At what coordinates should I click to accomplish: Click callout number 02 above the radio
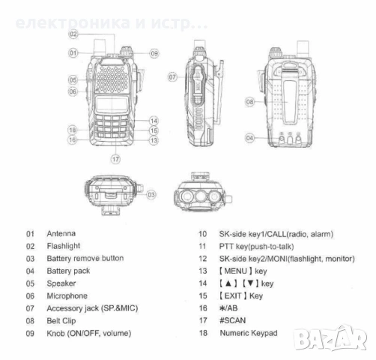point(73,34)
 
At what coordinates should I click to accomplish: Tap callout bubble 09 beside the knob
point(154,53)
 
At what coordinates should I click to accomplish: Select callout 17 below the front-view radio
point(115,159)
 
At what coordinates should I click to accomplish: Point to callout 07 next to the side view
point(172,76)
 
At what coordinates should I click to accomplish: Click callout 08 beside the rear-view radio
point(250,100)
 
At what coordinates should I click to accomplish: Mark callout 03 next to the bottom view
point(151,194)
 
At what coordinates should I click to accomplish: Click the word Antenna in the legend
point(61,234)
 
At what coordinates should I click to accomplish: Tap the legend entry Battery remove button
point(85,259)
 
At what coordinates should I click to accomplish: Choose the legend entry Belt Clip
point(62,320)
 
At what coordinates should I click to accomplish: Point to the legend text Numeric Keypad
point(248,332)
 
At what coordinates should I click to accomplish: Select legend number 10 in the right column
point(202,234)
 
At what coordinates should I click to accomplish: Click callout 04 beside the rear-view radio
point(250,138)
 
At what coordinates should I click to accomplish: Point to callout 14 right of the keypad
point(153,121)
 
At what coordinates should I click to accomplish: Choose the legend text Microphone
point(67,295)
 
